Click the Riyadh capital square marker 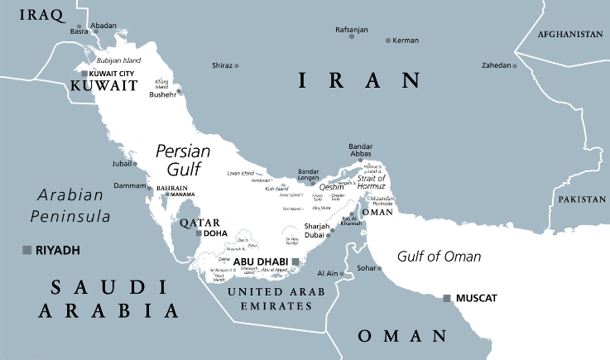pos(26,250)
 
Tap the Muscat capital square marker pos(448,297)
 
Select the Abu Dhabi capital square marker pos(295,262)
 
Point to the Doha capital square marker pos(199,233)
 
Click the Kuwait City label pos(111,74)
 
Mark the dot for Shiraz pos(237,65)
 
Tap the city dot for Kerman pos(388,40)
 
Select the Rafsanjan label pos(350,30)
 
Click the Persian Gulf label pos(184,159)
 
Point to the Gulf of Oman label pos(439,256)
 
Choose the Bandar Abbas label pos(362,151)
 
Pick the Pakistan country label pos(583,199)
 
